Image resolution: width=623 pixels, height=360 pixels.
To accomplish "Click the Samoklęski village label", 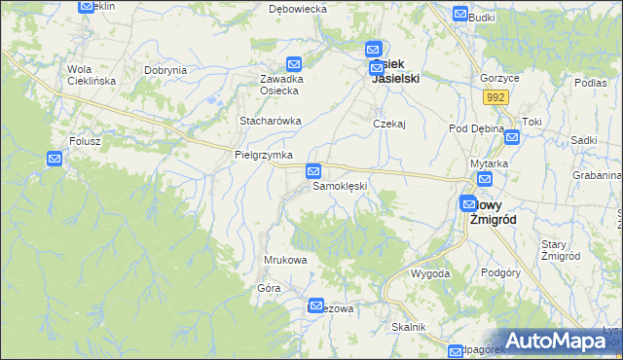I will [x=338, y=186].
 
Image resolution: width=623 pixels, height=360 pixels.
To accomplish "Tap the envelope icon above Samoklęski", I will [x=313, y=171].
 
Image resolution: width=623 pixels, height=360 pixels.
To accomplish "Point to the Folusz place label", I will [x=85, y=141].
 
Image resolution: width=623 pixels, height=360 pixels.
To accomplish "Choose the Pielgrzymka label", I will [x=264, y=155].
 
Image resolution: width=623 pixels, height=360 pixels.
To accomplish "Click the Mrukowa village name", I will [x=286, y=261].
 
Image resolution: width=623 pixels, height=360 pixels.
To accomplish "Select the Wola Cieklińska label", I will [x=92, y=75].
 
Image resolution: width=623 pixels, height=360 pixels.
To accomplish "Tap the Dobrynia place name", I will [x=165, y=70].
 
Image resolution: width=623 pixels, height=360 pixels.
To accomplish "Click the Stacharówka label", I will [x=271, y=121].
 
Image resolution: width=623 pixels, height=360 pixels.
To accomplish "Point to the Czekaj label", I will [x=388, y=124].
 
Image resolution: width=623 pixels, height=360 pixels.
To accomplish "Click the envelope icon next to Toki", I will [x=512, y=137].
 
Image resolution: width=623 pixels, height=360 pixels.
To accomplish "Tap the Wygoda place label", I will [x=430, y=273].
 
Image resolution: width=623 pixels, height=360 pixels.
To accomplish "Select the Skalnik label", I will [x=409, y=327].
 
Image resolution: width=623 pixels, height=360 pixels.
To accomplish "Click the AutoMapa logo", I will [x=558, y=342].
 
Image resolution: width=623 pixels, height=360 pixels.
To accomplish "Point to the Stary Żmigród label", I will [x=560, y=250].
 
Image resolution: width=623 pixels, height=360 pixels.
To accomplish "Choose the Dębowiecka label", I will [x=297, y=9].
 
